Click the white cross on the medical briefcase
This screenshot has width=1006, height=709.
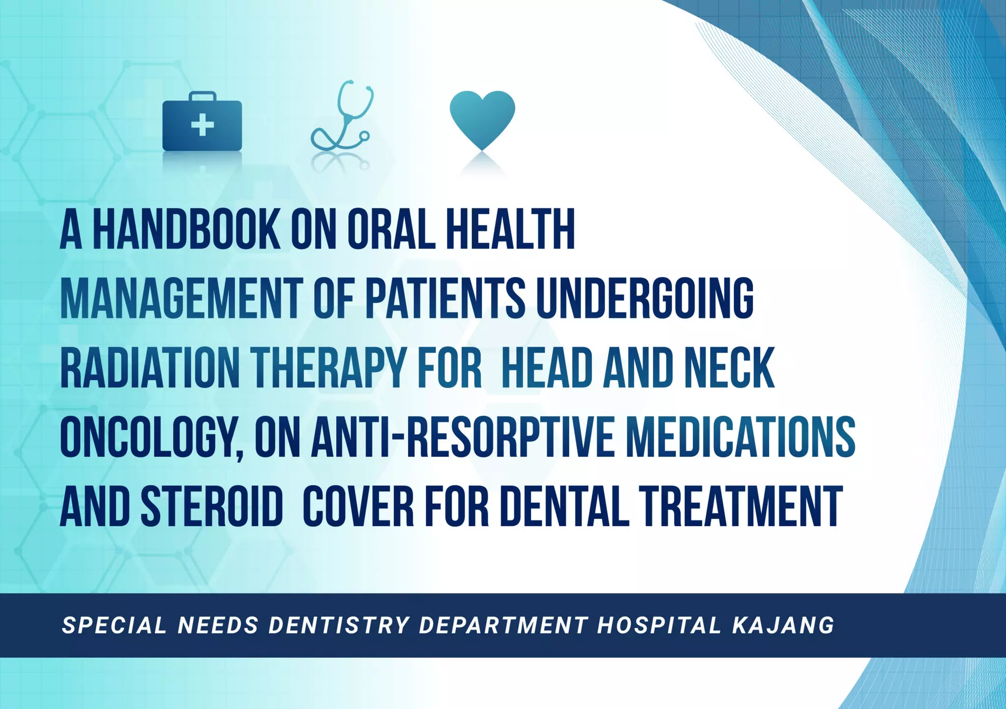202,125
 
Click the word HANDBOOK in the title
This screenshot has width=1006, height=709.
187,230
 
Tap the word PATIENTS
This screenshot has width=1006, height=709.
446,299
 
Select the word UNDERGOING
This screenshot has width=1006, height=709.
645,299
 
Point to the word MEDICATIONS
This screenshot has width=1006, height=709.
741,437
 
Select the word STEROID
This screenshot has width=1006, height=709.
212,507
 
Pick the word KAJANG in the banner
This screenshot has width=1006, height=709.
783,625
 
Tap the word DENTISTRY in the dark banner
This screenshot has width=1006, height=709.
339,625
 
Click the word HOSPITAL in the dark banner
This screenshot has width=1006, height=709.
659,625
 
